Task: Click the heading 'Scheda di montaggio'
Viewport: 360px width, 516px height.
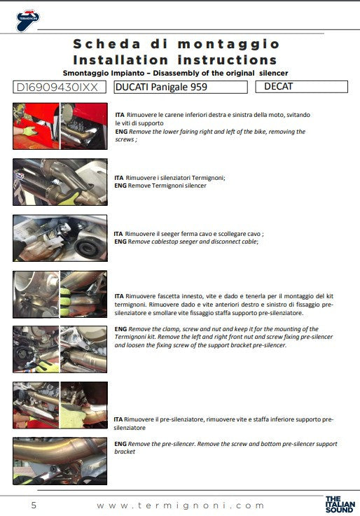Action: pos(176,45)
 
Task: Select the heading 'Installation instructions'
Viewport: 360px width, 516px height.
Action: pos(175,60)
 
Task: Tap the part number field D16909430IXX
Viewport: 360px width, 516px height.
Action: pos(60,88)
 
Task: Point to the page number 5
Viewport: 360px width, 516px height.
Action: pos(33,505)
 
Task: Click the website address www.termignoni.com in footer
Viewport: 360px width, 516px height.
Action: pos(181,505)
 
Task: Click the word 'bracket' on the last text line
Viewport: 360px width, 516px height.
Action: pos(125,452)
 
